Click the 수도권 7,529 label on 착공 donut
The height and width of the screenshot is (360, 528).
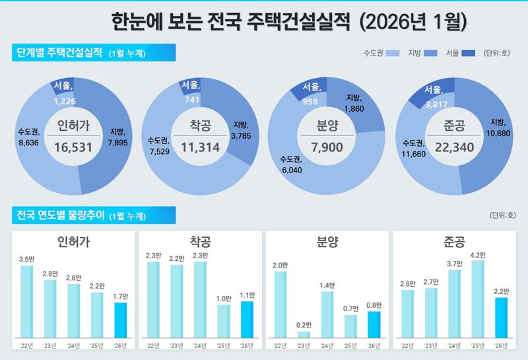click(160, 145)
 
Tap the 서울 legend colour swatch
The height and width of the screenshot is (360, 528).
click(469, 53)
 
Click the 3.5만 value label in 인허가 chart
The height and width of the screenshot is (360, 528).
click(26, 260)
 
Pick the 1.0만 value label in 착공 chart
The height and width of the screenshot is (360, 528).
click(224, 299)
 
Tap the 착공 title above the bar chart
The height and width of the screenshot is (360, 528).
click(200, 241)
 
